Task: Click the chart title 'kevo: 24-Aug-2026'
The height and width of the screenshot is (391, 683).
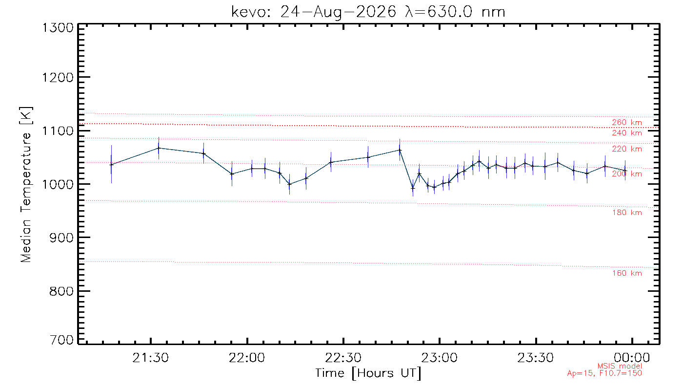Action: pos(313,13)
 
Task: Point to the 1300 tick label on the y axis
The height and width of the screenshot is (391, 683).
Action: pos(58,28)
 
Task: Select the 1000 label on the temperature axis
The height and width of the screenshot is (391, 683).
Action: pos(58,185)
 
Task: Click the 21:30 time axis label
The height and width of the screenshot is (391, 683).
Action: pos(150,358)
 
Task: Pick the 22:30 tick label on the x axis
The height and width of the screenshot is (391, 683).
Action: pos(343,358)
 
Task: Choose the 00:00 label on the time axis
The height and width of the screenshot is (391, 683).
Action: pos(632,358)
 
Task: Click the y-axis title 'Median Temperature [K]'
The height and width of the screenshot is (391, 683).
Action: pos(26,185)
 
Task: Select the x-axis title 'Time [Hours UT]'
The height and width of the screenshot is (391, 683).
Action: pos(368,373)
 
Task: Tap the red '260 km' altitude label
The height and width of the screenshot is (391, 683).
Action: pos(627,122)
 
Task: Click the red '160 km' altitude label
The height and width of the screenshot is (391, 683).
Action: pos(627,273)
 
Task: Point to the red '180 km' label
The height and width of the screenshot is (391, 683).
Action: pos(627,213)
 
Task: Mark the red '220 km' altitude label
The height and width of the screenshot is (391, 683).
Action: pos(627,149)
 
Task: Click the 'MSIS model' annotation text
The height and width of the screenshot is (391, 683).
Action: pos(620,366)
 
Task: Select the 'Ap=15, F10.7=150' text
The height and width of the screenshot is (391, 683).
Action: pos(604,373)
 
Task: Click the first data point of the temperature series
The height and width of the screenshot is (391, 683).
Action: pos(111,165)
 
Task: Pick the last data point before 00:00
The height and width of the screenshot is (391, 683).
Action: pos(625,171)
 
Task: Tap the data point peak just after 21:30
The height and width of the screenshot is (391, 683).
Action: pos(159,148)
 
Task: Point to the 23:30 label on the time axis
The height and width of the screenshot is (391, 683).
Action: pos(536,358)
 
